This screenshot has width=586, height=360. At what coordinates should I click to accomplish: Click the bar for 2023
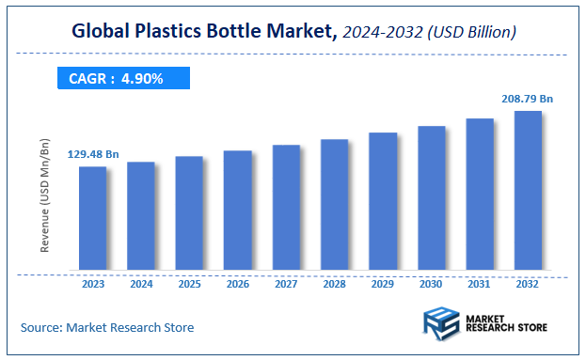click(x=92, y=219)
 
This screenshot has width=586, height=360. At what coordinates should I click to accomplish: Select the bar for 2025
click(x=189, y=213)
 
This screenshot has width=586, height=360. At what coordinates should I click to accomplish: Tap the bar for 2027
click(x=286, y=208)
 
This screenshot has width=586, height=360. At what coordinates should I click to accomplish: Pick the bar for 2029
click(x=383, y=202)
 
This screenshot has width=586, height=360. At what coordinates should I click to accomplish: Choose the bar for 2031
click(x=480, y=195)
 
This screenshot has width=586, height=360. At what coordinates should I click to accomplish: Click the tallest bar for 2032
click(x=528, y=191)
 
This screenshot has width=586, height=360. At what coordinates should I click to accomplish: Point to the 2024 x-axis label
click(x=141, y=283)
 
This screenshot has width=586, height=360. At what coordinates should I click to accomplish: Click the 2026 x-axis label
click(x=238, y=283)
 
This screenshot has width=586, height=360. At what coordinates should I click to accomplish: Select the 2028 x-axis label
click(x=335, y=283)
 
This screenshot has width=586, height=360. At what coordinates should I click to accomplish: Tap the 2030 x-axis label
click(x=432, y=283)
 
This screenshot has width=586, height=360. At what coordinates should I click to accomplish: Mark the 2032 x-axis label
click(x=528, y=283)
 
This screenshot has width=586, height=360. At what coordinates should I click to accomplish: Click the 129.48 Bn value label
click(x=92, y=153)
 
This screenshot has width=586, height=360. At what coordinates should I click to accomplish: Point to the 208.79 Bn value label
click(x=527, y=97)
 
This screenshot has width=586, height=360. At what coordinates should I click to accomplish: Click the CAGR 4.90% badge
click(x=116, y=79)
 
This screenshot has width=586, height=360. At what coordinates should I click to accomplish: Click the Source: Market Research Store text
click(x=107, y=327)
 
